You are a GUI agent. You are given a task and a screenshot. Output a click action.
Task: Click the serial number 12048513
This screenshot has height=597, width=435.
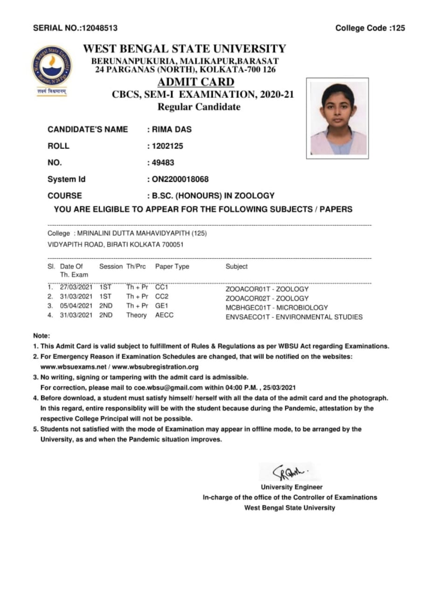click(99, 28)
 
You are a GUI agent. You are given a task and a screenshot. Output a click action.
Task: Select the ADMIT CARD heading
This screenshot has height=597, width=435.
click(196, 83)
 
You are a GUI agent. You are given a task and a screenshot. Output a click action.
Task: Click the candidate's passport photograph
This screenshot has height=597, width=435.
click(338, 119)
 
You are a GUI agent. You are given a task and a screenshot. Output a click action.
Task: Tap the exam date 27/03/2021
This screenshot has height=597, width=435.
click(76, 287)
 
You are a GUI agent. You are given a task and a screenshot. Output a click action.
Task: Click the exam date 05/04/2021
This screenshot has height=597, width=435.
click(76, 306)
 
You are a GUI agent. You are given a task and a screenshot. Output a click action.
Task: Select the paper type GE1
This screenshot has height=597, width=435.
click(162, 306)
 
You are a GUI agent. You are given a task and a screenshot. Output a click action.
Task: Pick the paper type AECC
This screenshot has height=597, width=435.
click(164, 315)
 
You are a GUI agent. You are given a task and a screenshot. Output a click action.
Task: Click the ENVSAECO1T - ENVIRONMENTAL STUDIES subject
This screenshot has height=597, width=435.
click(294, 317)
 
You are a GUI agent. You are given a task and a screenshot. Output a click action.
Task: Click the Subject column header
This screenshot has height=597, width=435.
click(236, 266)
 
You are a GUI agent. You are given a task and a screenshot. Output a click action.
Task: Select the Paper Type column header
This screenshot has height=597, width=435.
click(172, 266)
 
